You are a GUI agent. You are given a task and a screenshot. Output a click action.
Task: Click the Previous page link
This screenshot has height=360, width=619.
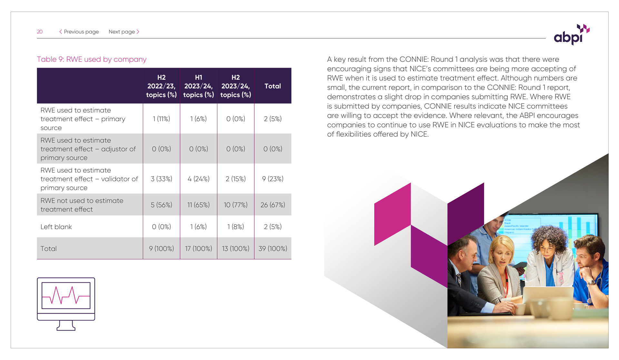(79, 32)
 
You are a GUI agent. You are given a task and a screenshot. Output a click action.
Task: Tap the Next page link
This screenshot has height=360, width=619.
(124, 32)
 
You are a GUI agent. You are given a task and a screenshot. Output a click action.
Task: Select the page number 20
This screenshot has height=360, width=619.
(40, 32)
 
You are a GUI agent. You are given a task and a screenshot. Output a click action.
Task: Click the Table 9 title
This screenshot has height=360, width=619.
(92, 59)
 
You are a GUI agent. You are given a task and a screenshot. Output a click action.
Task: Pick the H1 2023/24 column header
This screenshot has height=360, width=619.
(199, 86)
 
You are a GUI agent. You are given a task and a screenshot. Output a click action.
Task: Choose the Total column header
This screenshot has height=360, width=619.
(273, 86)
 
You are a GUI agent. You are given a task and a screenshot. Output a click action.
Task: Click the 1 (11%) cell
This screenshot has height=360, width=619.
(162, 119)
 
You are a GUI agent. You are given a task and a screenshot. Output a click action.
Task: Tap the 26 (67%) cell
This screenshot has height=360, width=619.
(273, 205)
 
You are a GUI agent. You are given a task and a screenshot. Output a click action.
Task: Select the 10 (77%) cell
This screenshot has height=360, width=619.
(236, 205)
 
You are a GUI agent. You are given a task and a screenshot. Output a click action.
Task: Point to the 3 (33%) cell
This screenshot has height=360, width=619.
(162, 179)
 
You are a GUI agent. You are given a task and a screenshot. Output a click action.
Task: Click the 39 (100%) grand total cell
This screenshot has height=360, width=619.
(273, 249)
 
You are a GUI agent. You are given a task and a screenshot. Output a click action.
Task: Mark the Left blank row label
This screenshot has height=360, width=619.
(56, 227)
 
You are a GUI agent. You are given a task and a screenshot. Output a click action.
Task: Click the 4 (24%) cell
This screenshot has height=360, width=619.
(199, 179)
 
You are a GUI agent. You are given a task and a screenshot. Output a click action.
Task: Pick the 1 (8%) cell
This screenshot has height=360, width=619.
(236, 227)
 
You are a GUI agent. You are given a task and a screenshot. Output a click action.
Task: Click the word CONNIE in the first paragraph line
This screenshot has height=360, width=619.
(414, 59)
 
